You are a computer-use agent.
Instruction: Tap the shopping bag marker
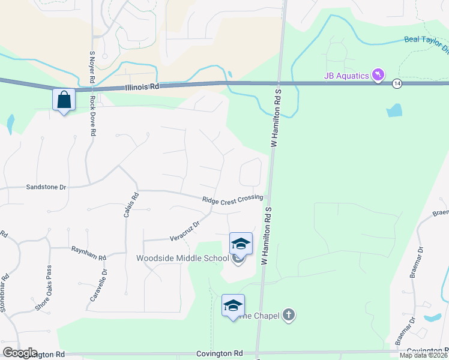click(64, 100)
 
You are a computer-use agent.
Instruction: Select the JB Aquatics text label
click(345, 75)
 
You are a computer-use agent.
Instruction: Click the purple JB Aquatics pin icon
click(378, 75)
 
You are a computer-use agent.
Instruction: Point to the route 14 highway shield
click(397, 83)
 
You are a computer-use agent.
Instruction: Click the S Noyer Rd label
click(92, 67)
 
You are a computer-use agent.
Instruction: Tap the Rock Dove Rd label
click(93, 116)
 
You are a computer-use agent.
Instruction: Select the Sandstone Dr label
click(46, 187)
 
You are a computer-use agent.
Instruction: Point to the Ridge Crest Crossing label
click(232, 200)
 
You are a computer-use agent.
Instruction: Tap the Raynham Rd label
click(88, 253)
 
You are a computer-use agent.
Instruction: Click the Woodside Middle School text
click(182, 259)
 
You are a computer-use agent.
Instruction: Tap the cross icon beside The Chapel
click(289, 315)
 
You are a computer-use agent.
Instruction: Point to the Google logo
click(20, 353)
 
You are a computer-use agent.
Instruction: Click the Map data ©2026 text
click(423, 355)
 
